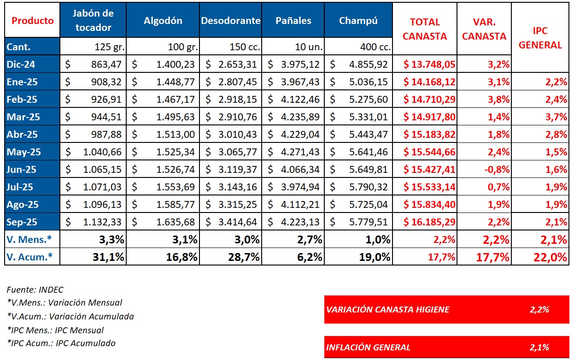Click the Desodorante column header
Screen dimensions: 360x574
point(230,21)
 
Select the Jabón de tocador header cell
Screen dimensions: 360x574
point(93,21)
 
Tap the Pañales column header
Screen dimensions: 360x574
point(293,21)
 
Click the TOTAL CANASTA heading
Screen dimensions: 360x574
point(425,29)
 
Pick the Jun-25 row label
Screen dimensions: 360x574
point(22,170)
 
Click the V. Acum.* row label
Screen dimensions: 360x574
point(29,257)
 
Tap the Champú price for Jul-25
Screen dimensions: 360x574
point(368,187)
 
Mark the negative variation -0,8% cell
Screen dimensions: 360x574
point(497,170)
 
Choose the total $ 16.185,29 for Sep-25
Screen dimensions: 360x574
point(429,222)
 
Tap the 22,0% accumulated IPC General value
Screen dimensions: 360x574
point(551,257)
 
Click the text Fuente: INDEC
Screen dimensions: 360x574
point(35,290)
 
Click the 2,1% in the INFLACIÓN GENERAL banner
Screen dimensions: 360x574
point(539,347)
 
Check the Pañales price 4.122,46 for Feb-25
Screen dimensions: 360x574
point(300,100)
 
